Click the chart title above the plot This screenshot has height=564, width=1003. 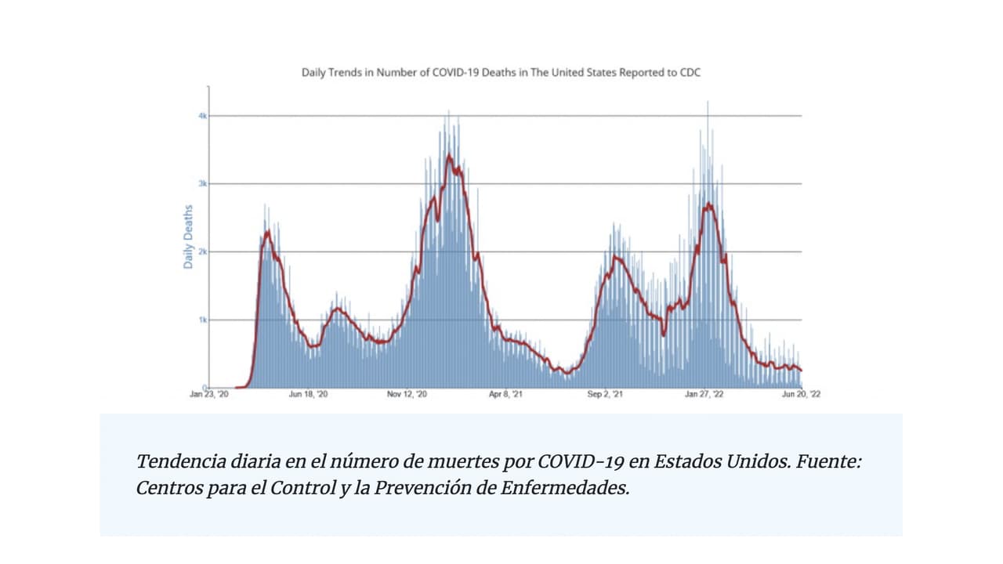tap(501, 72)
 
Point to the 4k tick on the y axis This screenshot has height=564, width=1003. tap(202, 116)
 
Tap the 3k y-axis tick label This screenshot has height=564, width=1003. tap(202, 184)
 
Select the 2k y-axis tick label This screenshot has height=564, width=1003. tap(202, 251)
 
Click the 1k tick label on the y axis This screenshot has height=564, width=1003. tap(202, 320)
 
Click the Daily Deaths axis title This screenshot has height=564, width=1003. tap(188, 237)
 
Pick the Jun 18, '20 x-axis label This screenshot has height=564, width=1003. tap(309, 394)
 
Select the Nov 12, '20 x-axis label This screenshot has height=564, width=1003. tap(407, 394)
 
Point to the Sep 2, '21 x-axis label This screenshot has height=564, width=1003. tap(605, 394)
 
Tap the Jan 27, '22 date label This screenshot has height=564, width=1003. tap(704, 394)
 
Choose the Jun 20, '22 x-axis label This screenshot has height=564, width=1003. tap(801, 394)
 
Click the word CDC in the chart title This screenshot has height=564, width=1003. tap(690, 72)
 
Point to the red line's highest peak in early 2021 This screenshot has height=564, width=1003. tap(449, 156)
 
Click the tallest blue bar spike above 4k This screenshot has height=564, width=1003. tap(708, 102)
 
